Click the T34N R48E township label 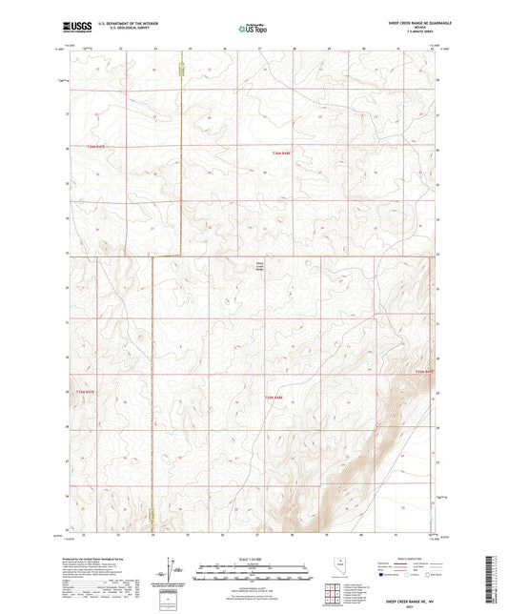(274, 397)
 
